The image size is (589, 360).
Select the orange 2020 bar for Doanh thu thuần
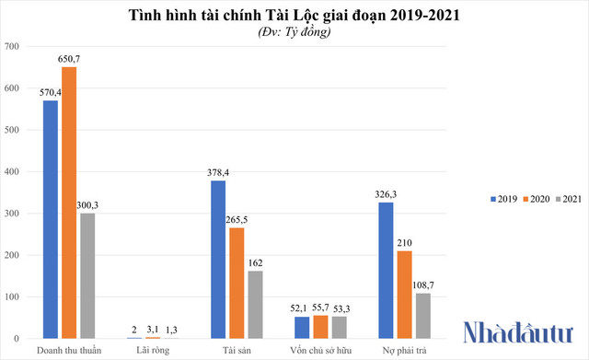(69, 203)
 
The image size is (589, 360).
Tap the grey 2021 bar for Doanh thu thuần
(87, 276)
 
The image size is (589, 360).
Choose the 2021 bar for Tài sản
(255, 305)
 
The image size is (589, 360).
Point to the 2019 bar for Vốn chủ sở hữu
(302, 328)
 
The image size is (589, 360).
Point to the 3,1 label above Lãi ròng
(153, 329)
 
